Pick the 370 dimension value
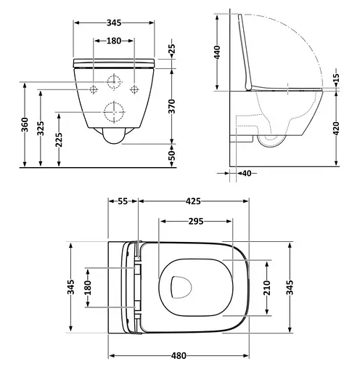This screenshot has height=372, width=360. (x=172, y=108)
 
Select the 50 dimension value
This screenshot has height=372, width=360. (x=172, y=155)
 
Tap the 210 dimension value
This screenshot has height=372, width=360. (x=266, y=286)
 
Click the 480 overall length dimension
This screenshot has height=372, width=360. (x=179, y=356)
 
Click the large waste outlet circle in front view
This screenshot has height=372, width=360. (x=113, y=112)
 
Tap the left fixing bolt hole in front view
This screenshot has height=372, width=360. (x=94, y=89)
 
